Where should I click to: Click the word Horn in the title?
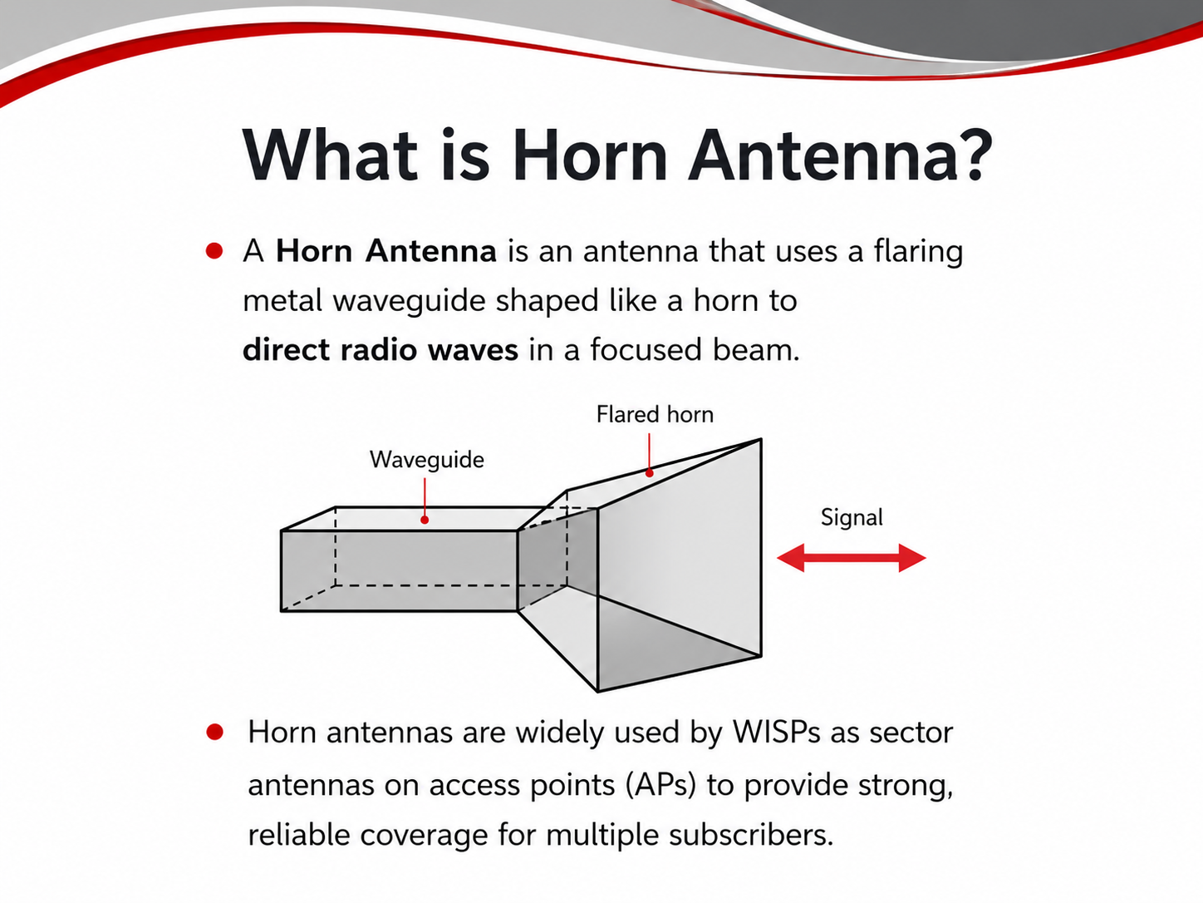590,155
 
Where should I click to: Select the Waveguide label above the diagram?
427,460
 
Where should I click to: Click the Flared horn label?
655,414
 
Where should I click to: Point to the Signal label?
852,518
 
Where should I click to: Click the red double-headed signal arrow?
852,558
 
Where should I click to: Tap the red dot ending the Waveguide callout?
425,520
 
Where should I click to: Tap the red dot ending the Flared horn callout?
650,472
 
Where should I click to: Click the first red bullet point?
214,251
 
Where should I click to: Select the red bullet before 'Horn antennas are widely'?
215,733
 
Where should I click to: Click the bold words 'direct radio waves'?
381,350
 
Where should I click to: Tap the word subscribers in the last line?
750,835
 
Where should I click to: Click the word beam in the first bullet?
756,350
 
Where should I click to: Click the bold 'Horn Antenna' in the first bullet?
386,251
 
